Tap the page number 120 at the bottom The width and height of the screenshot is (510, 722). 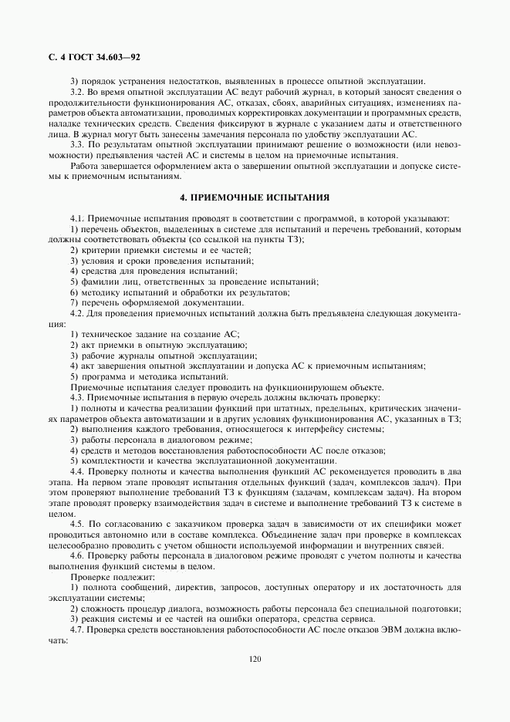point(255,659)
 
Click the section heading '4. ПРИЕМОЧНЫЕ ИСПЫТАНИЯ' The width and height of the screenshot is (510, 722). point(255,197)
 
